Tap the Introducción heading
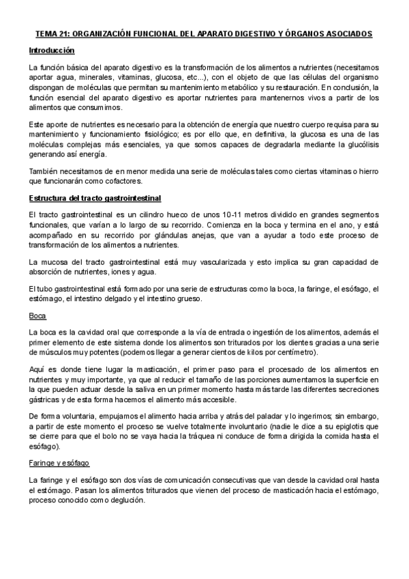(x=52, y=51)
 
